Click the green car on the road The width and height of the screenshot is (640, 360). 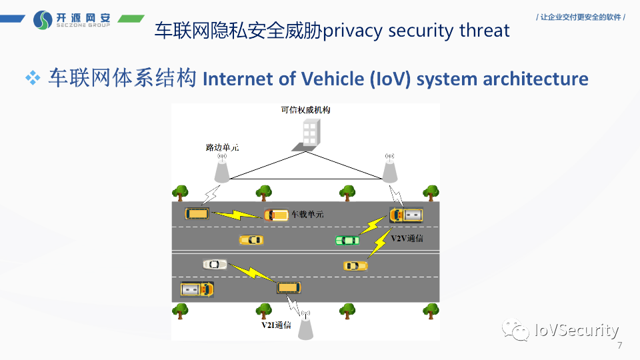347,240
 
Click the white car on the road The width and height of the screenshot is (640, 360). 215,264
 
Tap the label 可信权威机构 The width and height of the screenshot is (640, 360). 305,110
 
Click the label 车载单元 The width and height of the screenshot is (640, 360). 307,215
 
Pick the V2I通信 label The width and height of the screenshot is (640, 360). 275,325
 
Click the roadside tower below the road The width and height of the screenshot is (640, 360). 305,325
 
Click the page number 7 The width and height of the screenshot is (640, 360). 620,346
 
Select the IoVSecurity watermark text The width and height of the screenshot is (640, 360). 577,330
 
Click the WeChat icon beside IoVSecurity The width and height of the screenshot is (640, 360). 517,329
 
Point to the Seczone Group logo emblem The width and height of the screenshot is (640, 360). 43,20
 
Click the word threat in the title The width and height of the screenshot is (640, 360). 485,30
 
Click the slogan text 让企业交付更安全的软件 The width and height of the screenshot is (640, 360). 581,17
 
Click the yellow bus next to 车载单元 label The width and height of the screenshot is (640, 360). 276,215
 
